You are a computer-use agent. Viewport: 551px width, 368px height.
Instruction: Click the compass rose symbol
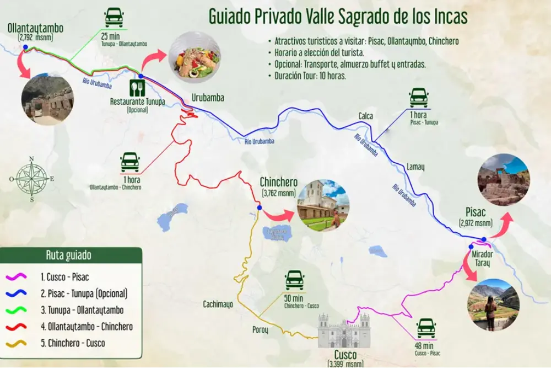(31, 178)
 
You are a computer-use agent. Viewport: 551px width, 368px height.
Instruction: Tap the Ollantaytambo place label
(35, 28)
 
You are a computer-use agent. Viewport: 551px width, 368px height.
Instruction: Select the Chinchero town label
(278, 183)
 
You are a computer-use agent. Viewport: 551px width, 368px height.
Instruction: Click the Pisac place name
(475, 212)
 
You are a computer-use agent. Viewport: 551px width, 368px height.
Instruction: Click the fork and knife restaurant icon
(137, 88)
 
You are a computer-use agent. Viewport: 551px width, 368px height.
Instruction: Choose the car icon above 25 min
(114, 18)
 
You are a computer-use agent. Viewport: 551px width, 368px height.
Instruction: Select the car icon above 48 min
(426, 328)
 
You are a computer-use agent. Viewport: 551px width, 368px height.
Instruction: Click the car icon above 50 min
(295, 280)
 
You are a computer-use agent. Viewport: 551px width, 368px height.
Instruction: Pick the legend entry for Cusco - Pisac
(64, 277)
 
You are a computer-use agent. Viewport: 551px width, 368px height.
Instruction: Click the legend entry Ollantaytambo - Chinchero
(87, 327)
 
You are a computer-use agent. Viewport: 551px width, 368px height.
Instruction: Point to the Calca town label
(366, 116)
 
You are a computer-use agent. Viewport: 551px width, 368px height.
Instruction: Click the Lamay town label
(415, 166)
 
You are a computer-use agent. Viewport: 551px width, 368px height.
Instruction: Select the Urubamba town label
(208, 98)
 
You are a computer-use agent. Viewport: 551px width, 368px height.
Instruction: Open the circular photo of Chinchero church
(323, 205)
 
